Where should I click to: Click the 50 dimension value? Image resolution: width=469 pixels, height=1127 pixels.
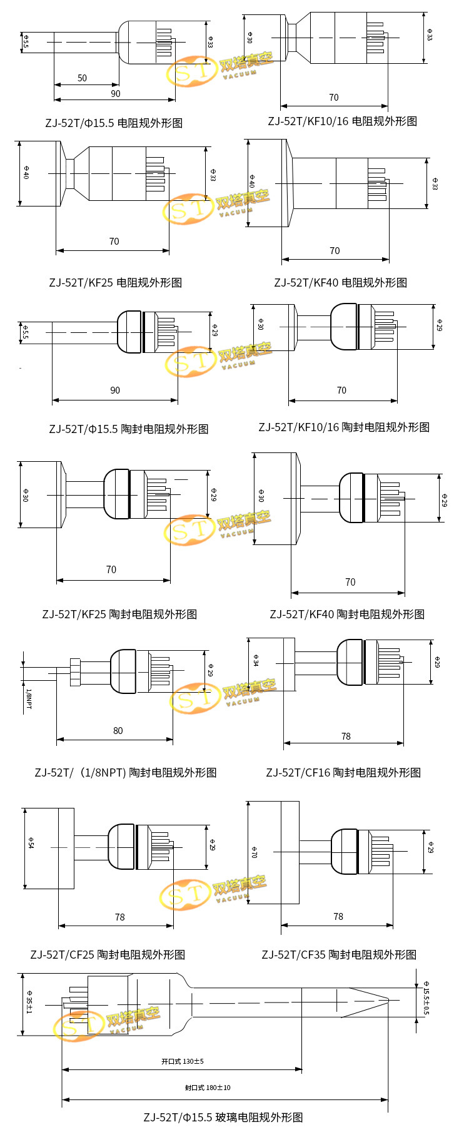tap(82, 78)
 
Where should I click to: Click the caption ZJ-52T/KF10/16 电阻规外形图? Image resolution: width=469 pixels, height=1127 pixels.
tap(342, 121)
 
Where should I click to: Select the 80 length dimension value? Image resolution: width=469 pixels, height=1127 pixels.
tap(118, 731)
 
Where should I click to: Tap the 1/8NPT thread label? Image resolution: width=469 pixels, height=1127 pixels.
tap(28, 698)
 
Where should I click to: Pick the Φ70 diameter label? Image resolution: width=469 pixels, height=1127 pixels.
tap(255, 852)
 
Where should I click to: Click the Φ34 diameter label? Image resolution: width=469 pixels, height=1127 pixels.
tap(256, 660)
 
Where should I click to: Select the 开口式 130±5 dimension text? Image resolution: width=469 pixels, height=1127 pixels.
tap(183, 1061)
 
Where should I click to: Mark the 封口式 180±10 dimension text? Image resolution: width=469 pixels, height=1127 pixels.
tap(208, 1088)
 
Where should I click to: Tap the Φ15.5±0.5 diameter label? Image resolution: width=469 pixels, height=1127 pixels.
tap(426, 997)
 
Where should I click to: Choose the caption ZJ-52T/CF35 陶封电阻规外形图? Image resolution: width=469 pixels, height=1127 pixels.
tap(339, 954)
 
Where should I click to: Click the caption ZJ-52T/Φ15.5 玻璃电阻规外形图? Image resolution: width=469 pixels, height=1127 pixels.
tap(223, 1117)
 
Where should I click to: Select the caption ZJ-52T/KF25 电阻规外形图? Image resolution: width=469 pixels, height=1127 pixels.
tap(116, 282)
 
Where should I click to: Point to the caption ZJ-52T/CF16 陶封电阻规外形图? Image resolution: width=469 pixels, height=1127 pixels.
tap(343, 772)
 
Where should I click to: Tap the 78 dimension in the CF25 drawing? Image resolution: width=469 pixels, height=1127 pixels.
tap(119, 917)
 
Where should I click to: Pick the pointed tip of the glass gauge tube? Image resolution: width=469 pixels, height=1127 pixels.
tap(388, 999)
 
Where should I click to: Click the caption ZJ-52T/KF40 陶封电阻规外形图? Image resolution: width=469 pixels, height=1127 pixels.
tap(347, 614)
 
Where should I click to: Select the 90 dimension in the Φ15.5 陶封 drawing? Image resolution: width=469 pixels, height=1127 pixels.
tap(115, 390)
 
